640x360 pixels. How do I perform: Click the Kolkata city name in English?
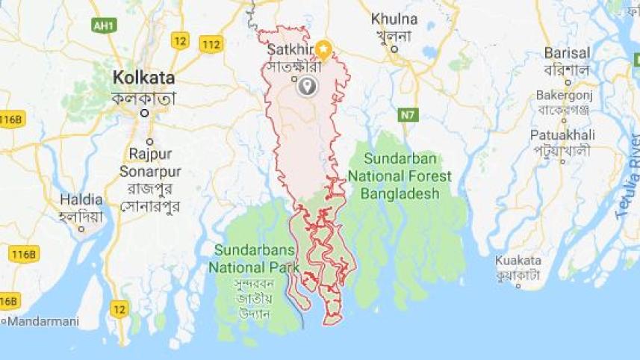(x=143, y=78)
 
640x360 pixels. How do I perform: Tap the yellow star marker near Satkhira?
(x=323, y=49)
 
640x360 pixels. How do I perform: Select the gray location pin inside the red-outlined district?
(x=306, y=87)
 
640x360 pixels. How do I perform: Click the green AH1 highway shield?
(x=104, y=25)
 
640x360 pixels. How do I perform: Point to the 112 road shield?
(x=211, y=44)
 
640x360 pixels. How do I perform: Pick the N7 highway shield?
(x=408, y=114)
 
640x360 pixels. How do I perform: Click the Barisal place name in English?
(x=568, y=53)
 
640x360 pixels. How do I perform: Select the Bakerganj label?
(x=565, y=96)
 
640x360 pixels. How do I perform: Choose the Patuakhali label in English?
(x=562, y=134)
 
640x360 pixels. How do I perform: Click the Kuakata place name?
(x=518, y=260)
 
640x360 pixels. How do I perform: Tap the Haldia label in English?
(x=81, y=199)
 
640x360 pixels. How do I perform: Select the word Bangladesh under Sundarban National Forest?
(x=406, y=194)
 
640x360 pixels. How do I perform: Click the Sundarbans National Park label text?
(x=255, y=258)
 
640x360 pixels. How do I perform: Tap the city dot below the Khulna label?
(x=394, y=50)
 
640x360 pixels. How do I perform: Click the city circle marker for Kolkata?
(x=146, y=113)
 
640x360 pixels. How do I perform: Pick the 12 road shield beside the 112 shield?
(x=179, y=40)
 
